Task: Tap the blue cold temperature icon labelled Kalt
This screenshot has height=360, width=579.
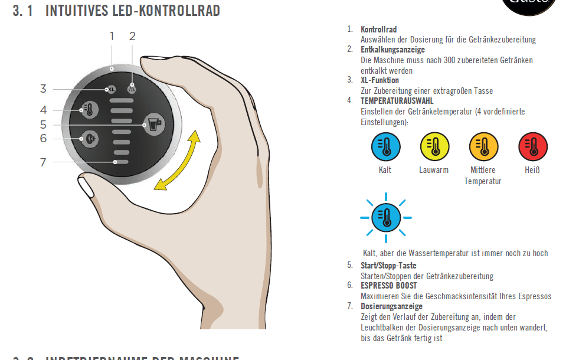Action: [x=385, y=147]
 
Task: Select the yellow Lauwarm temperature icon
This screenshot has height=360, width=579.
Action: [x=434, y=147]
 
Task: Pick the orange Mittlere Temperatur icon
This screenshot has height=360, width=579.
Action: [x=483, y=147]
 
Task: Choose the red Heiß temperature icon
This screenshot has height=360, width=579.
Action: [x=532, y=147]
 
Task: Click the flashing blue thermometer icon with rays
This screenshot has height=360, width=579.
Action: [x=385, y=217]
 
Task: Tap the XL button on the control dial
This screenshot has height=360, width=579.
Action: [x=111, y=90]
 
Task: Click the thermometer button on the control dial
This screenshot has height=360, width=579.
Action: [x=90, y=109]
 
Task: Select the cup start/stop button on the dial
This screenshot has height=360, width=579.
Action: [x=153, y=125]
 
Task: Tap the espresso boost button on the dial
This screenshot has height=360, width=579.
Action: [x=89, y=138]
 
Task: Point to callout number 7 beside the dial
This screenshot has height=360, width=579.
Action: [x=43, y=162]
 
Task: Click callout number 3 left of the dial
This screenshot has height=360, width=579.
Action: [x=43, y=89]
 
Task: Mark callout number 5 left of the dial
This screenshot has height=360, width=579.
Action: [x=43, y=125]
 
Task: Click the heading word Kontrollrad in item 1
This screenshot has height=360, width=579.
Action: [x=378, y=30]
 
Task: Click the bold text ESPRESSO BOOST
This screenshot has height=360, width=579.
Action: [x=388, y=286]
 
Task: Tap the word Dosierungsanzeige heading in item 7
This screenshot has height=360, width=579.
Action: [x=391, y=306]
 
